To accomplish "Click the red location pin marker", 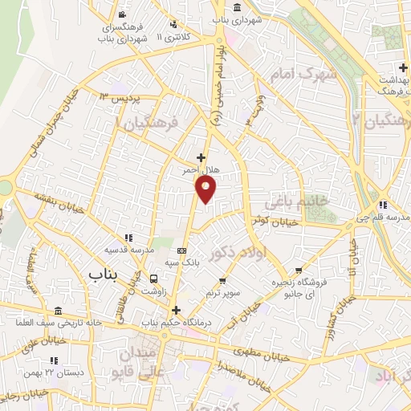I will click(x=206, y=189).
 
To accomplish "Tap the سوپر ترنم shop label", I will click(x=222, y=294).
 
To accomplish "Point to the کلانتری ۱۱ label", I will click(x=174, y=37).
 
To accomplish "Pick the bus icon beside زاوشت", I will click(x=153, y=279).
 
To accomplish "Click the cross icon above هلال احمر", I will click(x=201, y=157).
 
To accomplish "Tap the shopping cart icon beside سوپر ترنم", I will click(x=222, y=282).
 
